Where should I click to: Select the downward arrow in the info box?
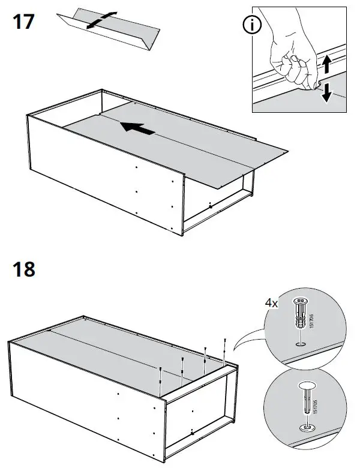point(326,93)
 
